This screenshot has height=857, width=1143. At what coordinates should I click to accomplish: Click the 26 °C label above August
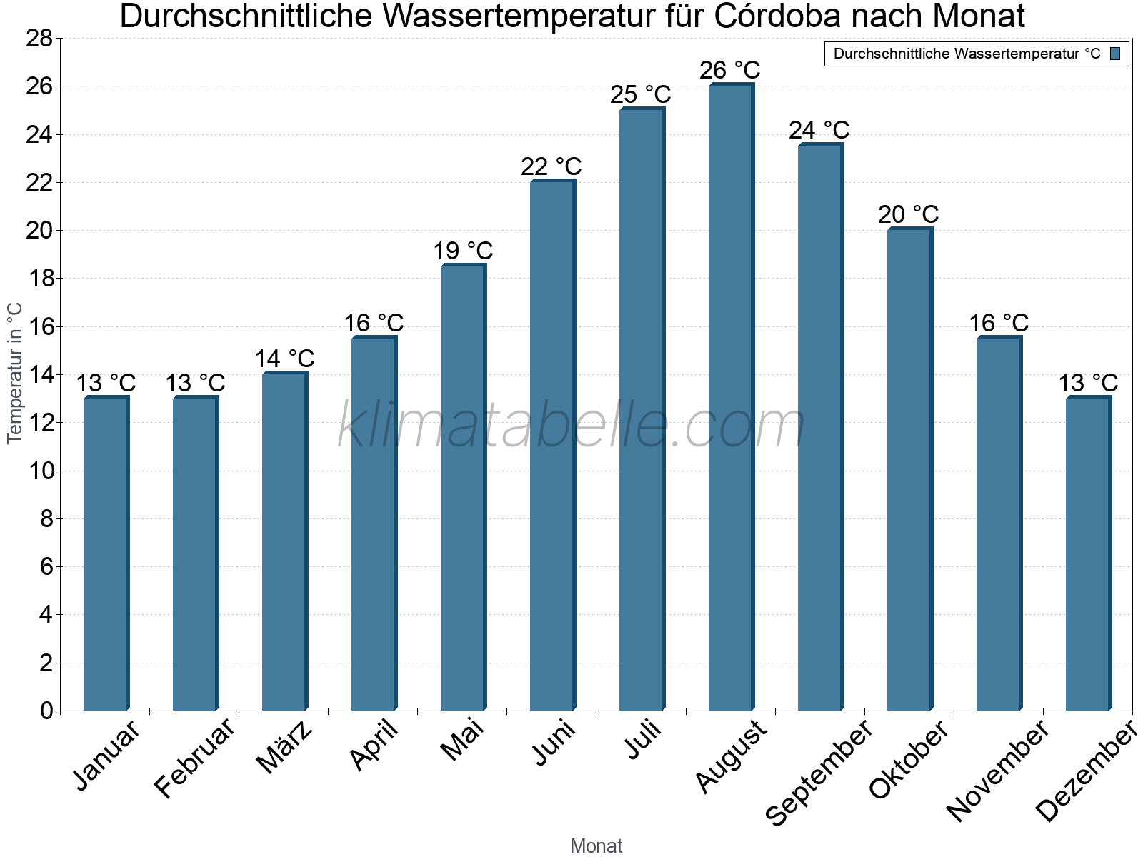click(x=730, y=71)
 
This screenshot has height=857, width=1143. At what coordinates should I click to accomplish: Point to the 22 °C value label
click(x=551, y=167)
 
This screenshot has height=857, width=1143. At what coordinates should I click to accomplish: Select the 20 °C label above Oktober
click(x=909, y=215)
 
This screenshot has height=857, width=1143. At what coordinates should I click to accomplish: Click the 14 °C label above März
click(x=284, y=359)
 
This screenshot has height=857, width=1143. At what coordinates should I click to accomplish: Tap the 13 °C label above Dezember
click(x=1088, y=384)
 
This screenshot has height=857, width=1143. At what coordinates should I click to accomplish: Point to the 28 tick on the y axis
click(x=39, y=39)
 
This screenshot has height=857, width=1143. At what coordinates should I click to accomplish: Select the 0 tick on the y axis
click(x=46, y=711)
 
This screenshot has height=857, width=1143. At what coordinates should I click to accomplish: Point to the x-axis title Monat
click(x=596, y=846)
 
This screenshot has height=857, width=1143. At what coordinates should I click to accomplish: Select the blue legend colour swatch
click(x=1116, y=54)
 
